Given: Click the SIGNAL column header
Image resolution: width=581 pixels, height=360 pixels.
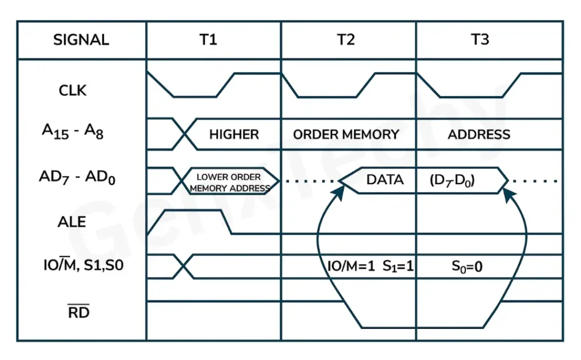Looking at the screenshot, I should pyautogui.click(x=81, y=40).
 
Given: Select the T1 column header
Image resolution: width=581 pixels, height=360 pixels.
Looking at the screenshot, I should pyautogui.click(x=209, y=40).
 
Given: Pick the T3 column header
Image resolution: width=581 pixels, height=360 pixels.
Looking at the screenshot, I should pyautogui.click(x=480, y=40).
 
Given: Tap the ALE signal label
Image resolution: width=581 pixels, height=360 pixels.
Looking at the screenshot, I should pyautogui.click(x=72, y=222).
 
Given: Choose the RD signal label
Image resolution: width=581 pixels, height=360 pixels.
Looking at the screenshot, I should pyautogui.click(x=78, y=312).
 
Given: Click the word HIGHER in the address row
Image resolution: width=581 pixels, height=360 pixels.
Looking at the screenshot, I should pyautogui.click(x=234, y=135).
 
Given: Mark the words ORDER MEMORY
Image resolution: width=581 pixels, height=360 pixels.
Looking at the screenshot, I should pyautogui.click(x=346, y=135).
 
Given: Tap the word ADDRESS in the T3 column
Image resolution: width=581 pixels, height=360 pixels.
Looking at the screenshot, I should pyautogui.click(x=479, y=135).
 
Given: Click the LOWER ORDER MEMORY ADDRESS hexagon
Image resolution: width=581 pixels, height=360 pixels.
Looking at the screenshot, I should pyautogui.click(x=230, y=182).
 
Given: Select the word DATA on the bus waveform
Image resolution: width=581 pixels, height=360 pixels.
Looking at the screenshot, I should pyautogui.click(x=385, y=180).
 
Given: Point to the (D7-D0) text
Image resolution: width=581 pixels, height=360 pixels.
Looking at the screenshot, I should pyautogui.click(x=452, y=181).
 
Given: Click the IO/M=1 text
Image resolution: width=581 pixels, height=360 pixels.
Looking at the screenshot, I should pyautogui.click(x=351, y=266).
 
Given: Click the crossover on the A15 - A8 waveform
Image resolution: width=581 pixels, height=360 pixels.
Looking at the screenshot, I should pyautogui.click(x=184, y=134).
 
